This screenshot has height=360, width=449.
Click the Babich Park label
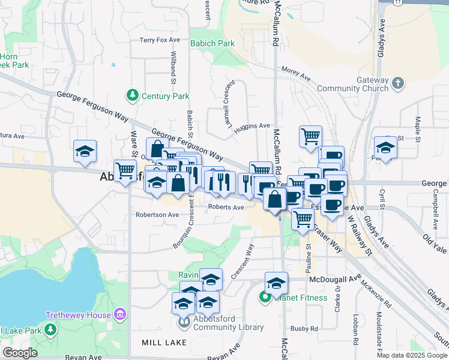pos(212,43)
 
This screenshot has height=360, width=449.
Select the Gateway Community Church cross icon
pos(397,82)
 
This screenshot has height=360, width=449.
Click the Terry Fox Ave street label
pos(160,40)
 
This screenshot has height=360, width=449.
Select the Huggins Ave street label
pos(252,126)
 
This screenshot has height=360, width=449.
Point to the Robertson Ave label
pos(157,214)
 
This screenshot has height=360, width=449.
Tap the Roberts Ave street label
pos(226,208)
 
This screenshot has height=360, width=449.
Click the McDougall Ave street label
pos(334,278)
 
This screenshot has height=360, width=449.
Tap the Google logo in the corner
pos(19,353)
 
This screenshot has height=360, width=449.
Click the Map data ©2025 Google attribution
pos(412,355)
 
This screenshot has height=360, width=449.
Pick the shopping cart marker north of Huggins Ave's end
pos(310,136)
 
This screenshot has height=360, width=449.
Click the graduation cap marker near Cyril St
pos(385,148)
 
